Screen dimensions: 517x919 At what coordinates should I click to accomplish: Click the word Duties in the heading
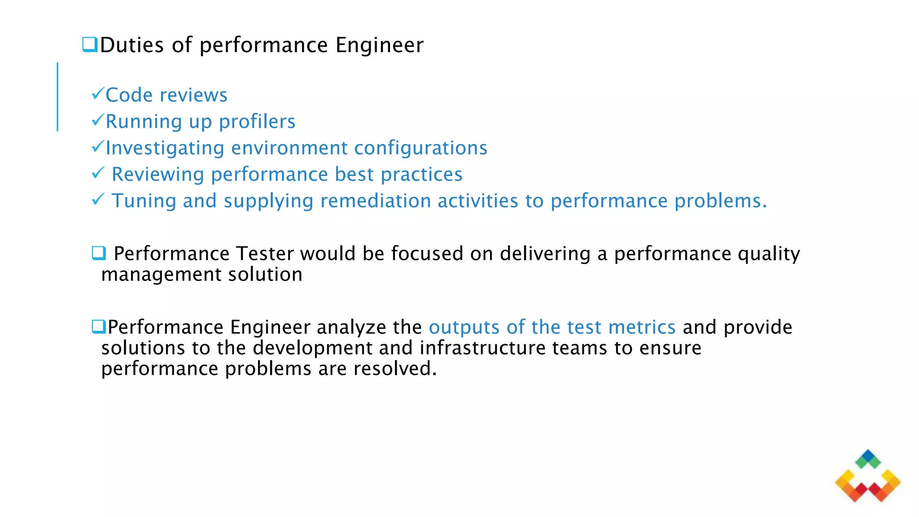(x=132, y=45)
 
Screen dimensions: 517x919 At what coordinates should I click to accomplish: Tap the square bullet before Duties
(x=90, y=44)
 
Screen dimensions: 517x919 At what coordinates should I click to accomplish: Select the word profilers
(x=257, y=122)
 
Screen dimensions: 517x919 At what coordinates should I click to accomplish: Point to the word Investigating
(x=165, y=149)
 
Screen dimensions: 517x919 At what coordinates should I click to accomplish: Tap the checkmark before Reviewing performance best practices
(x=98, y=173)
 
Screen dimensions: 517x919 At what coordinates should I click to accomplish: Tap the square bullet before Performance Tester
(x=99, y=253)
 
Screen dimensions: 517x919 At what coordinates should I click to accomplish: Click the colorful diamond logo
(x=867, y=476)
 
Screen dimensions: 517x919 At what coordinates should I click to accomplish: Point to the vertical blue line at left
(x=57, y=96)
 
